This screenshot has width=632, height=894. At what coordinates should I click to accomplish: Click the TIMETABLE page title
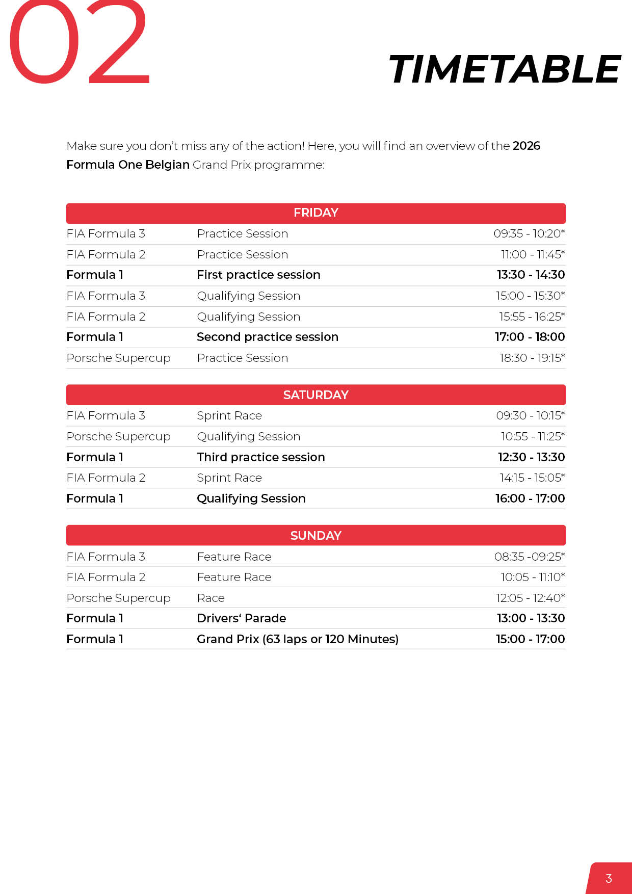point(504,70)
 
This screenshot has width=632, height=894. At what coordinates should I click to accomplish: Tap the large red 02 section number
point(79,43)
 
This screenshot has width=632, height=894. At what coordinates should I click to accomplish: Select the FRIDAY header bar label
point(315,213)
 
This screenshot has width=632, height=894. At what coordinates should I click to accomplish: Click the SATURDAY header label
point(315,395)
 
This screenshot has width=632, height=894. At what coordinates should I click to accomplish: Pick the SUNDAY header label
point(315,536)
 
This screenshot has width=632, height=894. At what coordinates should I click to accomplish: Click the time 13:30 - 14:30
point(531,275)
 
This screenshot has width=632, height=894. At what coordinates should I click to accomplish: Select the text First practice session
point(258,275)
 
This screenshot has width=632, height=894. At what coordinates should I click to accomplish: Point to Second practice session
point(268,337)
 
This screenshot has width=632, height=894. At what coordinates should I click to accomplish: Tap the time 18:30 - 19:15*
point(532,358)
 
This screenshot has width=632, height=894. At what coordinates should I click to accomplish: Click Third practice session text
point(261,457)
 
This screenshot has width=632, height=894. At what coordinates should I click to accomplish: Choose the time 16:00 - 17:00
point(530,498)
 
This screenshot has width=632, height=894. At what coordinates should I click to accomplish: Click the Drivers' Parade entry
point(241,619)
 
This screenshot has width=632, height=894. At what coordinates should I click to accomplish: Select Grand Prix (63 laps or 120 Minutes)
point(298,639)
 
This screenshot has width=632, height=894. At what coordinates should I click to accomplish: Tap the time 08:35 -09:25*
point(529,557)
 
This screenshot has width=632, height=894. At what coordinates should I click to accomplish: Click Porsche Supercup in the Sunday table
point(118,598)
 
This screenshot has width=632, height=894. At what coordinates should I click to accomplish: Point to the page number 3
point(609,879)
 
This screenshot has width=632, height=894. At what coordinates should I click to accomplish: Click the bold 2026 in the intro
point(526,146)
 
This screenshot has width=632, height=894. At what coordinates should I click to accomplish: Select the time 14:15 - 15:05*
point(532,478)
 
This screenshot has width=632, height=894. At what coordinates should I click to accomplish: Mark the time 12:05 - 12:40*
point(530,598)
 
